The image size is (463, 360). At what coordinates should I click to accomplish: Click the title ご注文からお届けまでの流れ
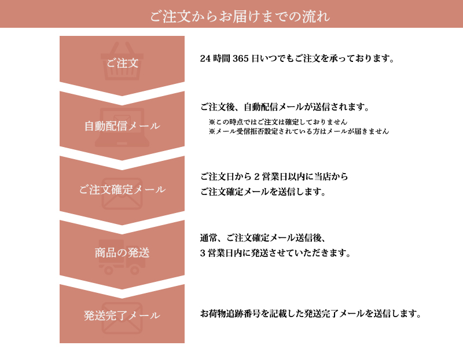pyautogui.click(x=240, y=16)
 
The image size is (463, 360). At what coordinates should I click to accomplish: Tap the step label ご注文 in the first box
pyautogui.click(x=122, y=63)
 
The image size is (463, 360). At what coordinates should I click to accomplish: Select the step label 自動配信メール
pyautogui.click(x=122, y=126)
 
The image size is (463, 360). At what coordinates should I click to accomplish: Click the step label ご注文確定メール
pyautogui.click(x=122, y=190)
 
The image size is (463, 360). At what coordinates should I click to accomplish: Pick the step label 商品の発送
pyautogui.click(x=122, y=253)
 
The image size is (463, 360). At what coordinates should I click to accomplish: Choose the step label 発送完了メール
pyautogui.click(x=122, y=315)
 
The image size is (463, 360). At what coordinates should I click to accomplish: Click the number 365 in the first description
pyautogui.click(x=240, y=58)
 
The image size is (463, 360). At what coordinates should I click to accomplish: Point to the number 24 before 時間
pyautogui.click(x=205, y=58)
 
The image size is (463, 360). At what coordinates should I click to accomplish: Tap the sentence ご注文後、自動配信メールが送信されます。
pyautogui.click(x=285, y=107)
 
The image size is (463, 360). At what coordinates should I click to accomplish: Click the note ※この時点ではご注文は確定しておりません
pyautogui.click(x=278, y=122)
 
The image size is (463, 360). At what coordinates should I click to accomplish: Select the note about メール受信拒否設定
pyautogui.click(x=299, y=131)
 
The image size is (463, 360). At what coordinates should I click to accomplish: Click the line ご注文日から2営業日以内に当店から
pyautogui.click(x=274, y=177)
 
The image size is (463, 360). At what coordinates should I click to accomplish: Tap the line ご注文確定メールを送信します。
pyautogui.click(x=263, y=192)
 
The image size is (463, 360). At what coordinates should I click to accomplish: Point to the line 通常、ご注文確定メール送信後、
pyautogui.click(x=263, y=238)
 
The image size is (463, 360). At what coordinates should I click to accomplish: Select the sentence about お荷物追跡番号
pyautogui.click(x=311, y=314)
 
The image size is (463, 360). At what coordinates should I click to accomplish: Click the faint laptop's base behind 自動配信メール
pyautogui.click(x=122, y=144)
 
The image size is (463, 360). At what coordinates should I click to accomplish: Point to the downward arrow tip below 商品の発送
pyautogui.click(x=122, y=289)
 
